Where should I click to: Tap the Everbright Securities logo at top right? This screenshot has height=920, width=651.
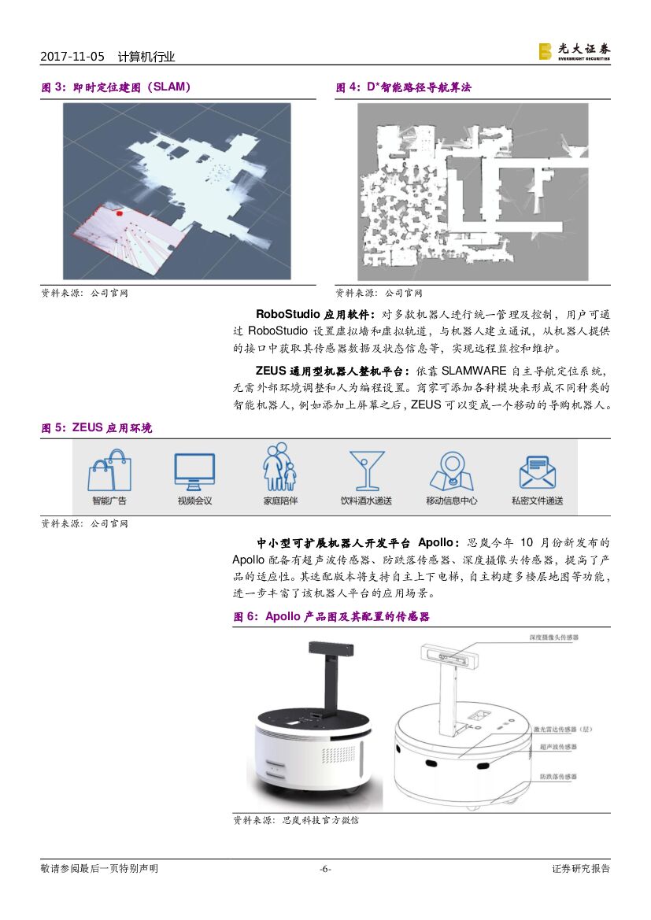pyautogui.click(x=574, y=50)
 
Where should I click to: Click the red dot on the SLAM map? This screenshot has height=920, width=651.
pyautogui.click(x=120, y=212)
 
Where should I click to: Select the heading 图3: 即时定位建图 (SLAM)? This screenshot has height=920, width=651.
pyautogui.click(x=117, y=87)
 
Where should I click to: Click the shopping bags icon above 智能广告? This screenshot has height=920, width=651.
pyautogui.click(x=109, y=471)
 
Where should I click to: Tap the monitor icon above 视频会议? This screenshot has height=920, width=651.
pyautogui.click(x=194, y=471)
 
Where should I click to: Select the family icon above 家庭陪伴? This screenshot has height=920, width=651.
pyautogui.click(x=280, y=467)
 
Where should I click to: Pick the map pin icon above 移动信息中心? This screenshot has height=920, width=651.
pyautogui.click(x=451, y=471)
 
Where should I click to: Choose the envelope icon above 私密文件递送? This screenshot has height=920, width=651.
pyautogui.click(x=537, y=471)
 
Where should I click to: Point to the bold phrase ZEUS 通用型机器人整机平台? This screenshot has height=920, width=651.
pyautogui.click(x=331, y=371)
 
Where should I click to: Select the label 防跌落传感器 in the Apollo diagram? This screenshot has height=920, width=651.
pyautogui.click(x=557, y=776)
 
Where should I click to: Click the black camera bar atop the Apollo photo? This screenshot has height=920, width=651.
pyautogui.click(x=331, y=651)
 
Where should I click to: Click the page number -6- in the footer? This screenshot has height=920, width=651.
pyautogui.click(x=325, y=869)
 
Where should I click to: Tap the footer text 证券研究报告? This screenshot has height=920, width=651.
pyautogui.click(x=581, y=869)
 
